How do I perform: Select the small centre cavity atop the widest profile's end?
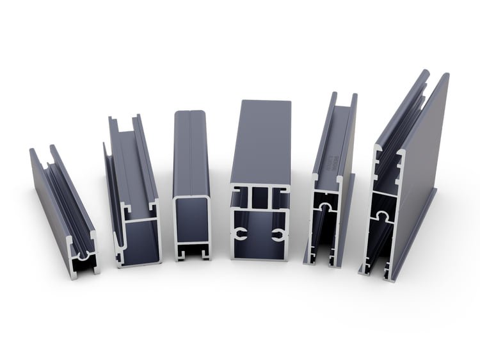tap(259, 198)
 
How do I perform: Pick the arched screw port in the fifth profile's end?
tap(325, 208)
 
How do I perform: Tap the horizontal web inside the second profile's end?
tap(138, 220)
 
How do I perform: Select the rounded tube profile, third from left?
tap(191, 186)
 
